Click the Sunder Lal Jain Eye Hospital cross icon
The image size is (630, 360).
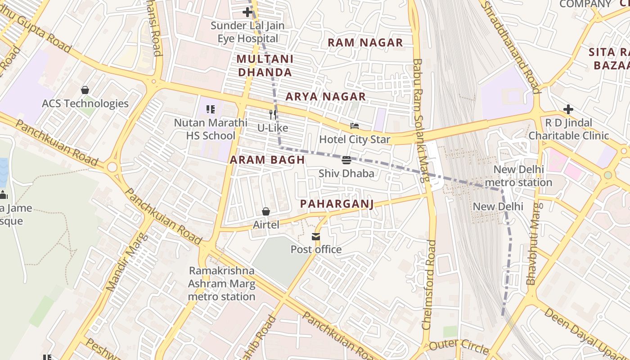coord(247,12)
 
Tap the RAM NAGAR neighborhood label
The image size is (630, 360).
coord(365,43)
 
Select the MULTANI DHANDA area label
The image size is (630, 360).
coord(265,65)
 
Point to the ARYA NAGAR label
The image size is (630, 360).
coord(326,96)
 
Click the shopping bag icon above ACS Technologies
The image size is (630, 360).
coord(85,90)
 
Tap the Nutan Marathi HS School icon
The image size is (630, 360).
coord(210,109)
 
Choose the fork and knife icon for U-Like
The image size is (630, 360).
coord(272,114)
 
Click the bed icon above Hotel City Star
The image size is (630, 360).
coord(355,126)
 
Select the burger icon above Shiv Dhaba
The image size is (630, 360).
coord(346,160)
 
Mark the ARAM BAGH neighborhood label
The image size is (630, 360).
coord(267,160)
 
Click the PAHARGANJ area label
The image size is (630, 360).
coord(337,204)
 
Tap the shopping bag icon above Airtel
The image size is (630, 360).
coord(266,211)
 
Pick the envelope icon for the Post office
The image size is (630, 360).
coord(316,237)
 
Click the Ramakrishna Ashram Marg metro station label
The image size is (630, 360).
coord(221,283)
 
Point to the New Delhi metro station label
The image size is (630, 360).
coord(518,176)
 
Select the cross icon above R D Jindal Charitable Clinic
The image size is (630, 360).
coord(568,109)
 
